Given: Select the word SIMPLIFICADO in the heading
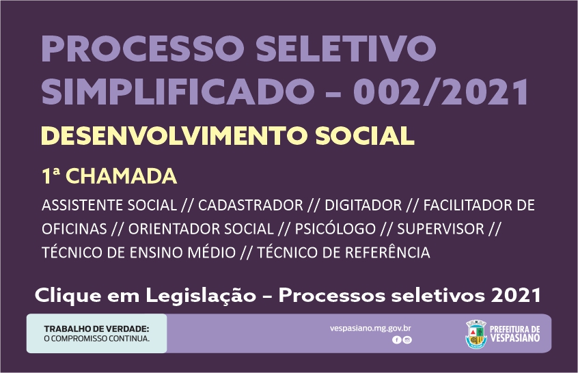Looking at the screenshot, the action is [176, 92].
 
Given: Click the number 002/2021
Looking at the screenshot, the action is [441, 92].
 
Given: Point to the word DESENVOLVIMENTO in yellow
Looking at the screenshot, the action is [175, 136].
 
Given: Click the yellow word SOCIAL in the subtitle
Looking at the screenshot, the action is [365, 136].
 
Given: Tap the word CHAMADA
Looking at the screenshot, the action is [122, 176].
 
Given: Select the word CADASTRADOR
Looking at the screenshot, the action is [251, 206].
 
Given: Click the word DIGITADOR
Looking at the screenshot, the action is [363, 206].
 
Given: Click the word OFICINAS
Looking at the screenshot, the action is [74, 229].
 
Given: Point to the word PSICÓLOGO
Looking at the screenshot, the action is [335, 229].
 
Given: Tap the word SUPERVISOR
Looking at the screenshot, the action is [441, 229].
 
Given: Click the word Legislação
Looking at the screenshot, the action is [201, 296].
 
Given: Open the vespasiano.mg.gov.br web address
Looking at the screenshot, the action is [370, 329].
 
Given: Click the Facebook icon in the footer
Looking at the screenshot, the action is [397, 340].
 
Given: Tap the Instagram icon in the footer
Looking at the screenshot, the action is [407, 340].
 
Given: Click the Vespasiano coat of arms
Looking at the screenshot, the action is [476, 334].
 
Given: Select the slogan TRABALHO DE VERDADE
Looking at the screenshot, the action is [96, 329].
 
